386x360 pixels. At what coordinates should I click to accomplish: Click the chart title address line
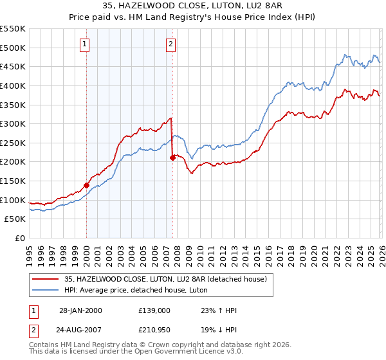pyautogui.click(x=193, y=6)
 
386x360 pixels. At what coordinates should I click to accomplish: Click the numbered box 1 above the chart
pyautogui.click(x=86, y=44)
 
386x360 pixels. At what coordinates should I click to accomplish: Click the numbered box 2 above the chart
pyautogui.click(x=171, y=44)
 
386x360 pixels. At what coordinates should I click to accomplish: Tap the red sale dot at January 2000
pyautogui.click(x=86, y=185)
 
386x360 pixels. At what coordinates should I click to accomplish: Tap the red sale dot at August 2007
pyautogui.click(x=172, y=157)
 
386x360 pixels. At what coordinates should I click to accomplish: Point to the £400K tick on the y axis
pyautogui.click(x=13, y=85)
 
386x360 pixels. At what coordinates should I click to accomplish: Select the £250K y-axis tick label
pyautogui.click(x=13, y=143)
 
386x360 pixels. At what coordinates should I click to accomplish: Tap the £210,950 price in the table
pyautogui.click(x=154, y=332)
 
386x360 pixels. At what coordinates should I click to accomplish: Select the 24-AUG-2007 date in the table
pyautogui.click(x=80, y=332)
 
